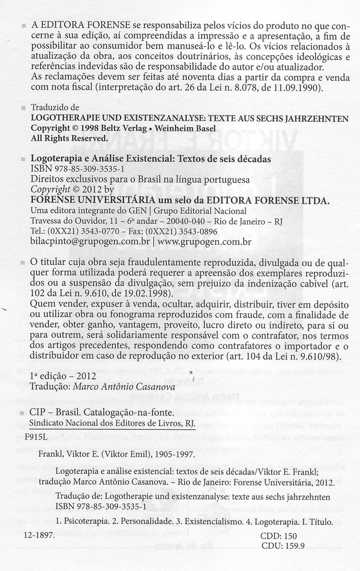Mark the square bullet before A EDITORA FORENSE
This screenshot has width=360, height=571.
(x=23, y=26)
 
